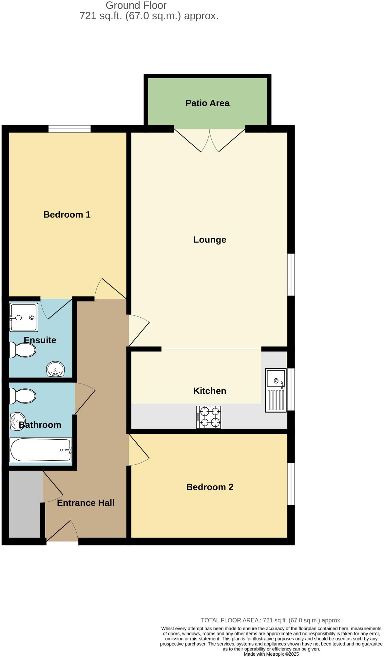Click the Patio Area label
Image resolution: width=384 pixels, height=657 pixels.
(207, 103)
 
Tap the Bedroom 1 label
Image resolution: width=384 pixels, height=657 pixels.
(67, 215)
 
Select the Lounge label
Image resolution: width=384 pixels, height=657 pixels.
(210, 240)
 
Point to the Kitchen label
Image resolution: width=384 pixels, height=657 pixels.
(210, 391)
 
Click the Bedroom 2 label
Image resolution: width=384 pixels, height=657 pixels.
(210, 487)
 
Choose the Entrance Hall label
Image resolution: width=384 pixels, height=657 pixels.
(86, 503)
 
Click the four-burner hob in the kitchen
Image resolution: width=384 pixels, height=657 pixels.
(209, 417)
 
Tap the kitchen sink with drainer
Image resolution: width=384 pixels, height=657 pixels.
(276, 390)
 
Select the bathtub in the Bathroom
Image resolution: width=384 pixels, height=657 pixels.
(41, 450)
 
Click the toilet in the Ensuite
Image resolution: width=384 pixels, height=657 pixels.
(23, 350)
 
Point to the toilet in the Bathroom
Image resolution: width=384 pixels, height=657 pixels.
(23, 396)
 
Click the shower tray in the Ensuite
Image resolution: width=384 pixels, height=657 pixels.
(24, 317)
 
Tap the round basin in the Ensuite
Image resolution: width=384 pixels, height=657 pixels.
(55, 369)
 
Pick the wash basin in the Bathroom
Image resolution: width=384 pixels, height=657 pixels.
(17, 421)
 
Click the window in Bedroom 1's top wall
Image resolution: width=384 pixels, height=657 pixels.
(69, 129)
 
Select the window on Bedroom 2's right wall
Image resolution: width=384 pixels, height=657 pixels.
(291, 484)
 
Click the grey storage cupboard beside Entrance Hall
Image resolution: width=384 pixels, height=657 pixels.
(25, 504)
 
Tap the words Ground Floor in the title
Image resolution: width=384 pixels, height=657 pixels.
(136, 5)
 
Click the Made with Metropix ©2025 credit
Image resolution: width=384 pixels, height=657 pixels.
(271, 654)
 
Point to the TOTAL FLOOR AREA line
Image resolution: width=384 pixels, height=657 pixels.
(271, 620)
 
